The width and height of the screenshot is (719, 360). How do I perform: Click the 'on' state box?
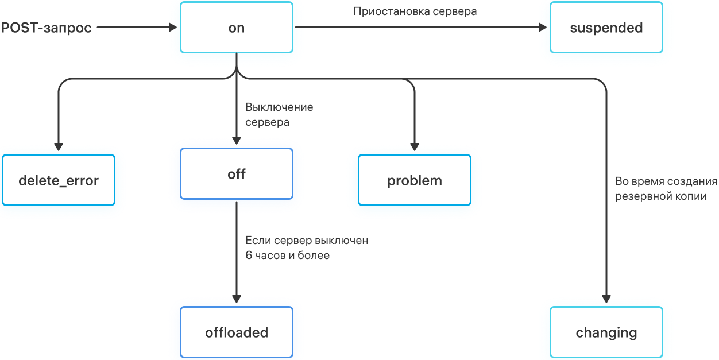(x=237, y=28)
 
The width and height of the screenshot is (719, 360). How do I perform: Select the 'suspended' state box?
(x=606, y=28)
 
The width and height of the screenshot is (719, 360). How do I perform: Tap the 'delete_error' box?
(x=59, y=180)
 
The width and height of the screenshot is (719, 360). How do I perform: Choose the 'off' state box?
(x=237, y=174)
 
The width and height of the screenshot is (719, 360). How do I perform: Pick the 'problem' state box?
(x=415, y=180)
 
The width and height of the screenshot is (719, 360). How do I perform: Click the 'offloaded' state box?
(x=237, y=332)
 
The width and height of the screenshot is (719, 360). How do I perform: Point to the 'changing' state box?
(x=606, y=332)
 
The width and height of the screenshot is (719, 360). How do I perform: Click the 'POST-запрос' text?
(x=47, y=28)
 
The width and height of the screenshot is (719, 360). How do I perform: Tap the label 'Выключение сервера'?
(x=279, y=114)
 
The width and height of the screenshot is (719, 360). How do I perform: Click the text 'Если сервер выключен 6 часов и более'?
(x=307, y=248)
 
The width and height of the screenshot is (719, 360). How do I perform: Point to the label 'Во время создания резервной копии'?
(x=666, y=189)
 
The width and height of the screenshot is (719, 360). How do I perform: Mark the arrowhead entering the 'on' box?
(x=173, y=27)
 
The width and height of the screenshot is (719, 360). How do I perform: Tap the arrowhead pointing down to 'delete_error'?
(x=59, y=145)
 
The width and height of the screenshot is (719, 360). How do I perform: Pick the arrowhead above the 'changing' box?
(x=606, y=298)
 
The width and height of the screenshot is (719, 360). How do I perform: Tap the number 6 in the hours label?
(x=249, y=256)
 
